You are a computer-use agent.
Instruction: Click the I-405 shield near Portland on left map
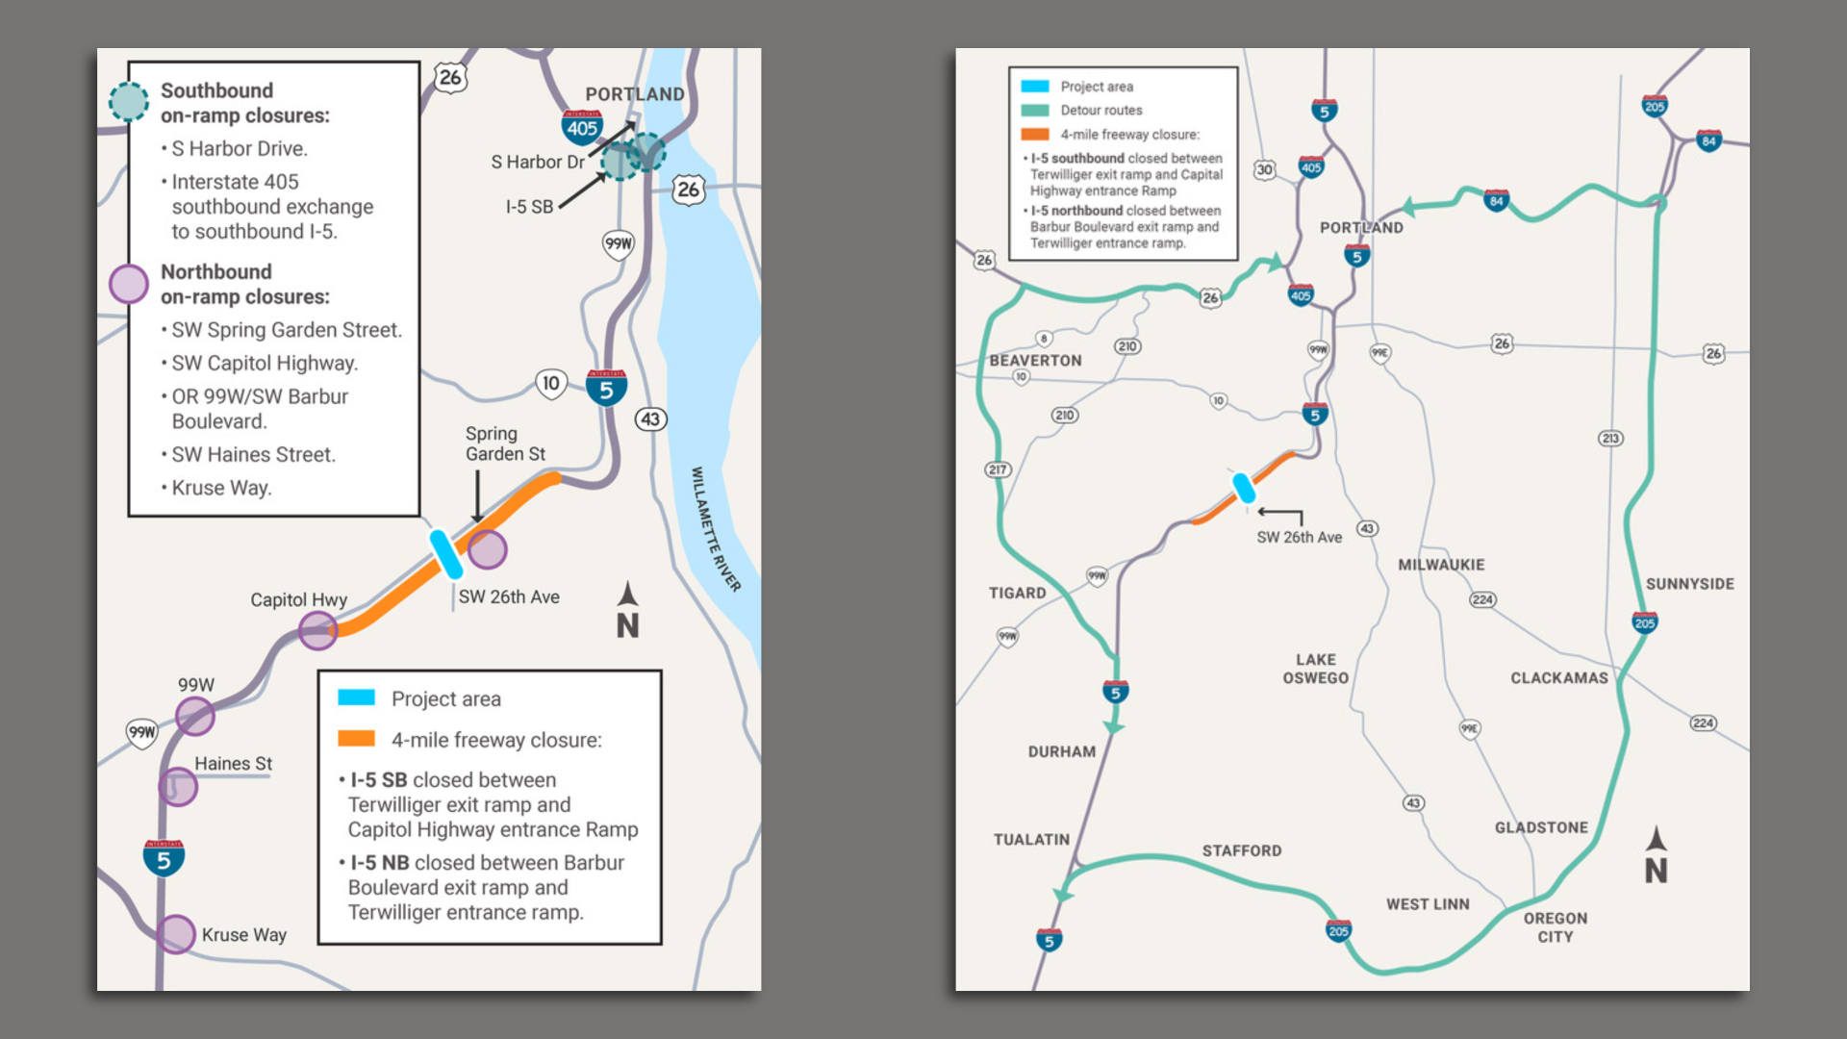(582, 126)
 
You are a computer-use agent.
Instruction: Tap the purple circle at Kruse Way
(176, 934)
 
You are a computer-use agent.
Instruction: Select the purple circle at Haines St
(178, 787)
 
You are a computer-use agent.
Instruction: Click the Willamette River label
(716, 529)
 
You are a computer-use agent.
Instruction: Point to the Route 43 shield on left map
(650, 419)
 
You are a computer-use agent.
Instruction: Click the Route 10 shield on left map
(550, 384)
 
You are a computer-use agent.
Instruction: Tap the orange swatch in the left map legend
(356, 739)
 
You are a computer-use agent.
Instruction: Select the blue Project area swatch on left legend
(356, 697)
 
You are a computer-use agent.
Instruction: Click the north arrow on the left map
(627, 610)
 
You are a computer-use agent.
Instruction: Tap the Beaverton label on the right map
(1035, 361)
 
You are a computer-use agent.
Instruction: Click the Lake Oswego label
(1315, 669)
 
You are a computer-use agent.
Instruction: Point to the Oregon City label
(1555, 927)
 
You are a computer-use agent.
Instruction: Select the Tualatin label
(1031, 840)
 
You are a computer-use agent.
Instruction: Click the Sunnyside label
(1689, 584)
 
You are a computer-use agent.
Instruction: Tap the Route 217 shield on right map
(998, 469)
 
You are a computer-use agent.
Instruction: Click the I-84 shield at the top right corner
(1708, 141)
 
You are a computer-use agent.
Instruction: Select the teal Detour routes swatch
(1035, 111)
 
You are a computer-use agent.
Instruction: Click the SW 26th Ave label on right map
(1299, 537)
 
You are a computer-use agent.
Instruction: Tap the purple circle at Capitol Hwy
(317, 631)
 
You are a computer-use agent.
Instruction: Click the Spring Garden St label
(505, 443)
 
